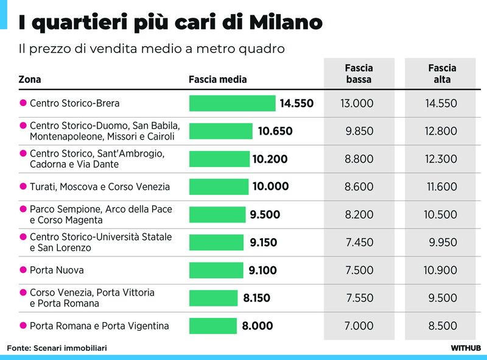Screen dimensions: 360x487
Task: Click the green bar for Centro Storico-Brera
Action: point(232,104)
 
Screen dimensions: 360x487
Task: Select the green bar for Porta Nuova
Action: point(216,270)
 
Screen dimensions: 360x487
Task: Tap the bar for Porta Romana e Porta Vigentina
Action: point(212,326)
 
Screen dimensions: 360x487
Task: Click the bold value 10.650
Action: point(275,131)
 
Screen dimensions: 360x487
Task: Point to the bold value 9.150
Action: point(263,242)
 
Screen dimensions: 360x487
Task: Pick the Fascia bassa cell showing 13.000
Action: point(357,104)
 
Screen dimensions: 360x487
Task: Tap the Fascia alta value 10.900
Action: point(441,270)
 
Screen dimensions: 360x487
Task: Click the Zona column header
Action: point(30,79)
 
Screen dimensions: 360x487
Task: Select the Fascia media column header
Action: point(218,79)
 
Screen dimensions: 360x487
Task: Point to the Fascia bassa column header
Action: point(359,74)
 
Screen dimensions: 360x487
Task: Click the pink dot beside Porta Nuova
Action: point(23,270)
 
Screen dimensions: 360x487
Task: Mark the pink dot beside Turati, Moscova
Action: point(23,186)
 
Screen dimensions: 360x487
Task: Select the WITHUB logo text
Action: point(466,348)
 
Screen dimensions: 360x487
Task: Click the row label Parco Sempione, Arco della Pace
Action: point(100,209)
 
